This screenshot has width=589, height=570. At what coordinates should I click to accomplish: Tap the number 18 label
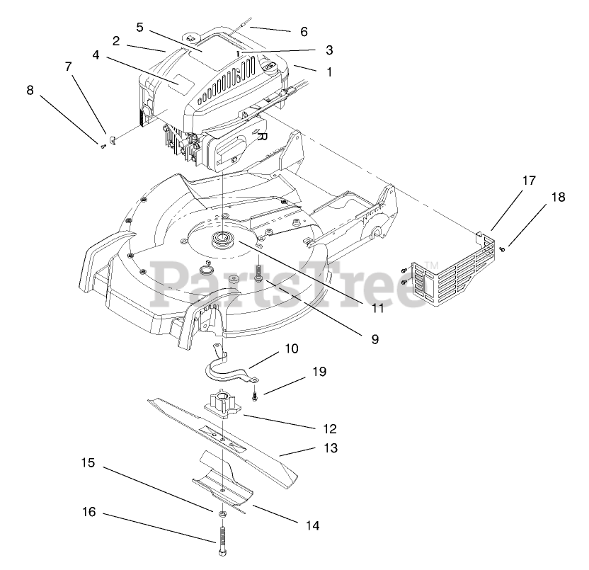pyautogui.click(x=558, y=198)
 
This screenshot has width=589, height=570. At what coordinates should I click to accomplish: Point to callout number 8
pyautogui.click(x=30, y=90)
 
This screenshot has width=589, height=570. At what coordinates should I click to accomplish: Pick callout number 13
pyautogui.click(x=330, y=448)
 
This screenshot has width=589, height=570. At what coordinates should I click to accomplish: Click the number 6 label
pyautogui.click(x=304, y=31)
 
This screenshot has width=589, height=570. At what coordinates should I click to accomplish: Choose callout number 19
pyautogui.click(x=319, y=371)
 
